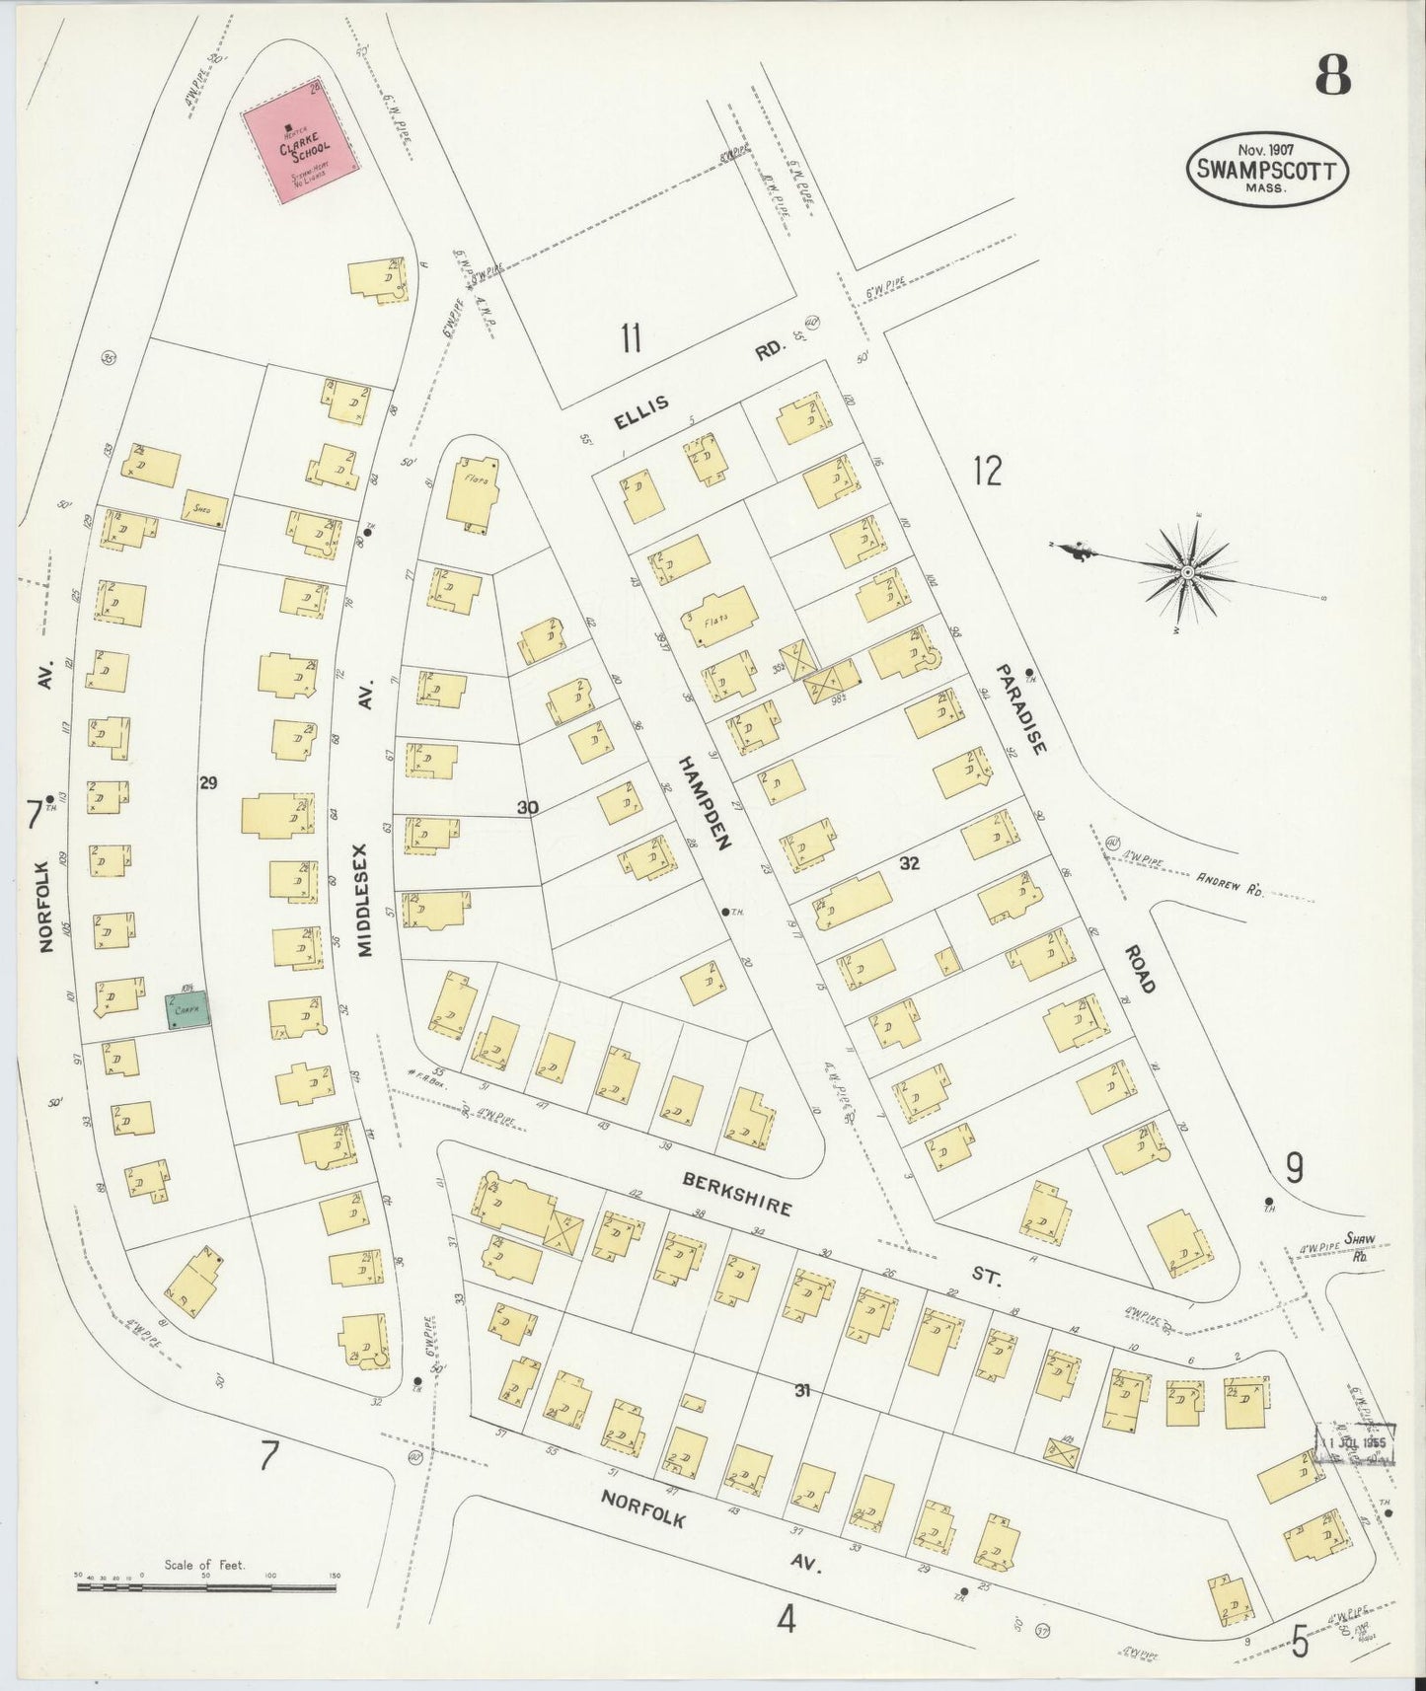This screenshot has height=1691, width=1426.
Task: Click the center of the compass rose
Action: click(1188, 572)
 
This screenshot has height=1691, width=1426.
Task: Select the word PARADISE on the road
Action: click(1019, 709)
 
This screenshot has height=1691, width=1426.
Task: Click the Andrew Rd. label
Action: click(1230, 882)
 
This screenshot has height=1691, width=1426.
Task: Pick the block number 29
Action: click(207, 783)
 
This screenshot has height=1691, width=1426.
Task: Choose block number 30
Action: click(527, 808)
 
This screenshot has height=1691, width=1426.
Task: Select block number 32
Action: click(909, 862)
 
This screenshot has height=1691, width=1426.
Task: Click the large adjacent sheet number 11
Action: click(632, 338)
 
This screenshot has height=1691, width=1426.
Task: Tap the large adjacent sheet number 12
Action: click(986, 471)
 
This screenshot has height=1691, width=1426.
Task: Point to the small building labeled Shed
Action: click(205, 508)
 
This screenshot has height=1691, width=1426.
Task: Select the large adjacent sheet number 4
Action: click(786, 1618)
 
